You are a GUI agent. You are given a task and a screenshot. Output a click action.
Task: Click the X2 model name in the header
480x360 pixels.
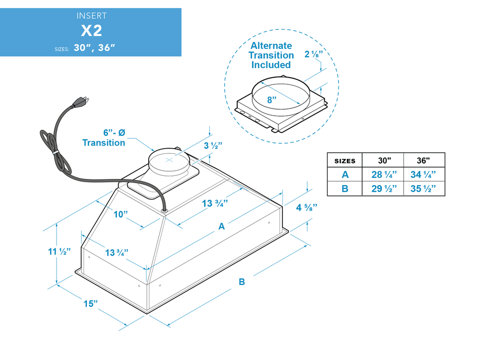[91, 31]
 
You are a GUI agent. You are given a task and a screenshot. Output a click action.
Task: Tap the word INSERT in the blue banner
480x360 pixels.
[91, 16]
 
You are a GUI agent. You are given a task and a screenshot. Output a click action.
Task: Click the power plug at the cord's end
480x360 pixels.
[81, 101]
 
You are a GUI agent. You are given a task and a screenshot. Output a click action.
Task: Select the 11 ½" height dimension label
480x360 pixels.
[59, 251]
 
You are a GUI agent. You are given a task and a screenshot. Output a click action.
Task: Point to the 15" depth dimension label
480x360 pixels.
[91, 303]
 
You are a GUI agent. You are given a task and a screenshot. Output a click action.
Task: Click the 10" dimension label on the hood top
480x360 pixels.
[121, 214]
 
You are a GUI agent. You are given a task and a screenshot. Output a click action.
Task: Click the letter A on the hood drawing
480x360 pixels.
[222, 226]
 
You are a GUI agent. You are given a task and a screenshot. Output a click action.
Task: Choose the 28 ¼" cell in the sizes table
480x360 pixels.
[383, 174]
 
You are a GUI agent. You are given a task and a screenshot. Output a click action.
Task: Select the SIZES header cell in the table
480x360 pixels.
[345, 161]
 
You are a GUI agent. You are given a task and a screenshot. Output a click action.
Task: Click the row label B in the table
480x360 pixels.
[345, 188]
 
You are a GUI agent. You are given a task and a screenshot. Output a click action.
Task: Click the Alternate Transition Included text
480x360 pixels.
[271, 56]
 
